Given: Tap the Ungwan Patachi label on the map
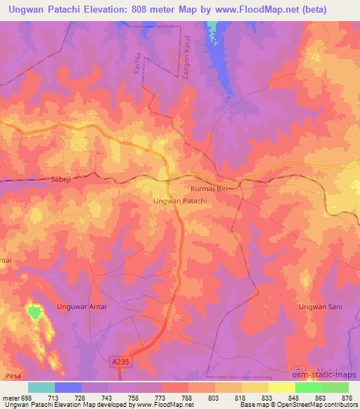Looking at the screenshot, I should point(180,201).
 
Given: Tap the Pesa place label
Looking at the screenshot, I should point(13,377).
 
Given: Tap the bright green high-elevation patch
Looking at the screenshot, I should point(33,312).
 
